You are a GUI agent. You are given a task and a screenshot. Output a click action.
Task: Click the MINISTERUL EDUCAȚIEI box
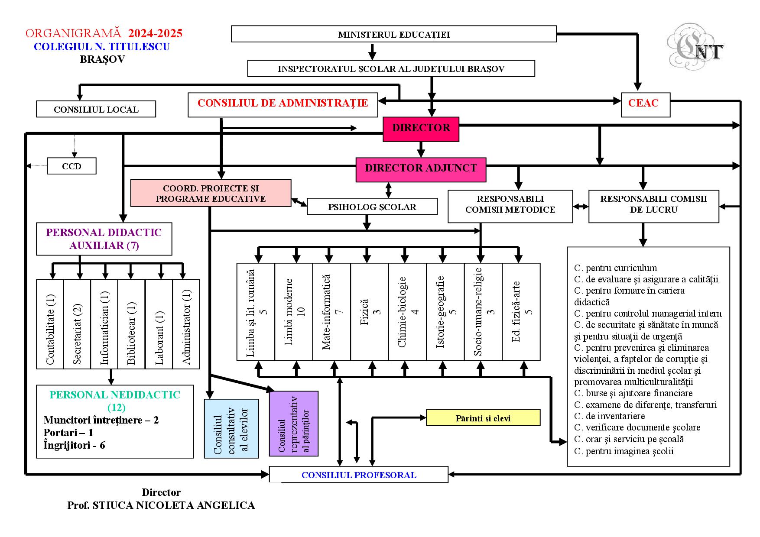(x=393, y=34)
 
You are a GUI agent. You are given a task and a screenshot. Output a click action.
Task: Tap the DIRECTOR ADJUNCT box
(x=420, y=169)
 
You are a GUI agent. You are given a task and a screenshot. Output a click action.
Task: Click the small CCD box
(x=71, y=166)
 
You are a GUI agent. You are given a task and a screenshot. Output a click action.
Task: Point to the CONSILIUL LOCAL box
(x=96, y=109)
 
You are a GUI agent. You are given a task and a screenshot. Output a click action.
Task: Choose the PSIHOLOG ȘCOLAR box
(x=372, y=207)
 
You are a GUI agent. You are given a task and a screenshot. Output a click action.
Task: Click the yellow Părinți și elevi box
(x=483, y=418)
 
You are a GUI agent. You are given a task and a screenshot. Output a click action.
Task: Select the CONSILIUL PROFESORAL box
(x=358, y=475)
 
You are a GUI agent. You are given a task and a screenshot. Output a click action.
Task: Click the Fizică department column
(x=369, y=312)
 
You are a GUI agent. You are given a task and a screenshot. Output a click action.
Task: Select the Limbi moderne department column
(x=294, y=312)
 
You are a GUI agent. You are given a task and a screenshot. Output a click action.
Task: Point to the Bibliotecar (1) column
(x=131, y=324)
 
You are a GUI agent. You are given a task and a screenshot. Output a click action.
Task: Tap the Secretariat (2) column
(x=77, y=324)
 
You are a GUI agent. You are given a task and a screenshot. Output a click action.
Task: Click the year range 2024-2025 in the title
(x=155, y=33)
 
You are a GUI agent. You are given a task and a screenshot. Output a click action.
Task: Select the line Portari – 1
(x=68, y=433)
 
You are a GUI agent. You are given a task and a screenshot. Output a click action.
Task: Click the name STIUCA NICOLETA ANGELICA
(x=174, y=505)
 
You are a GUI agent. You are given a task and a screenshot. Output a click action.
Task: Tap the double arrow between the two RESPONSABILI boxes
(x=581, y=207)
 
